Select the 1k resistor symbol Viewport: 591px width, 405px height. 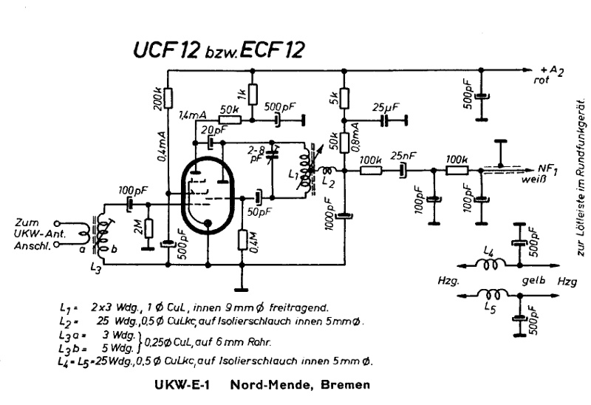253,94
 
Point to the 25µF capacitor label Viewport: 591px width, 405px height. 387,106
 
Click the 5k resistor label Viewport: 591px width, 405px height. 334,95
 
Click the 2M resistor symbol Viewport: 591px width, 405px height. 148,229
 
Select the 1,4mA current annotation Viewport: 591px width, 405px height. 194,115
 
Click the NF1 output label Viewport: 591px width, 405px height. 546,168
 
